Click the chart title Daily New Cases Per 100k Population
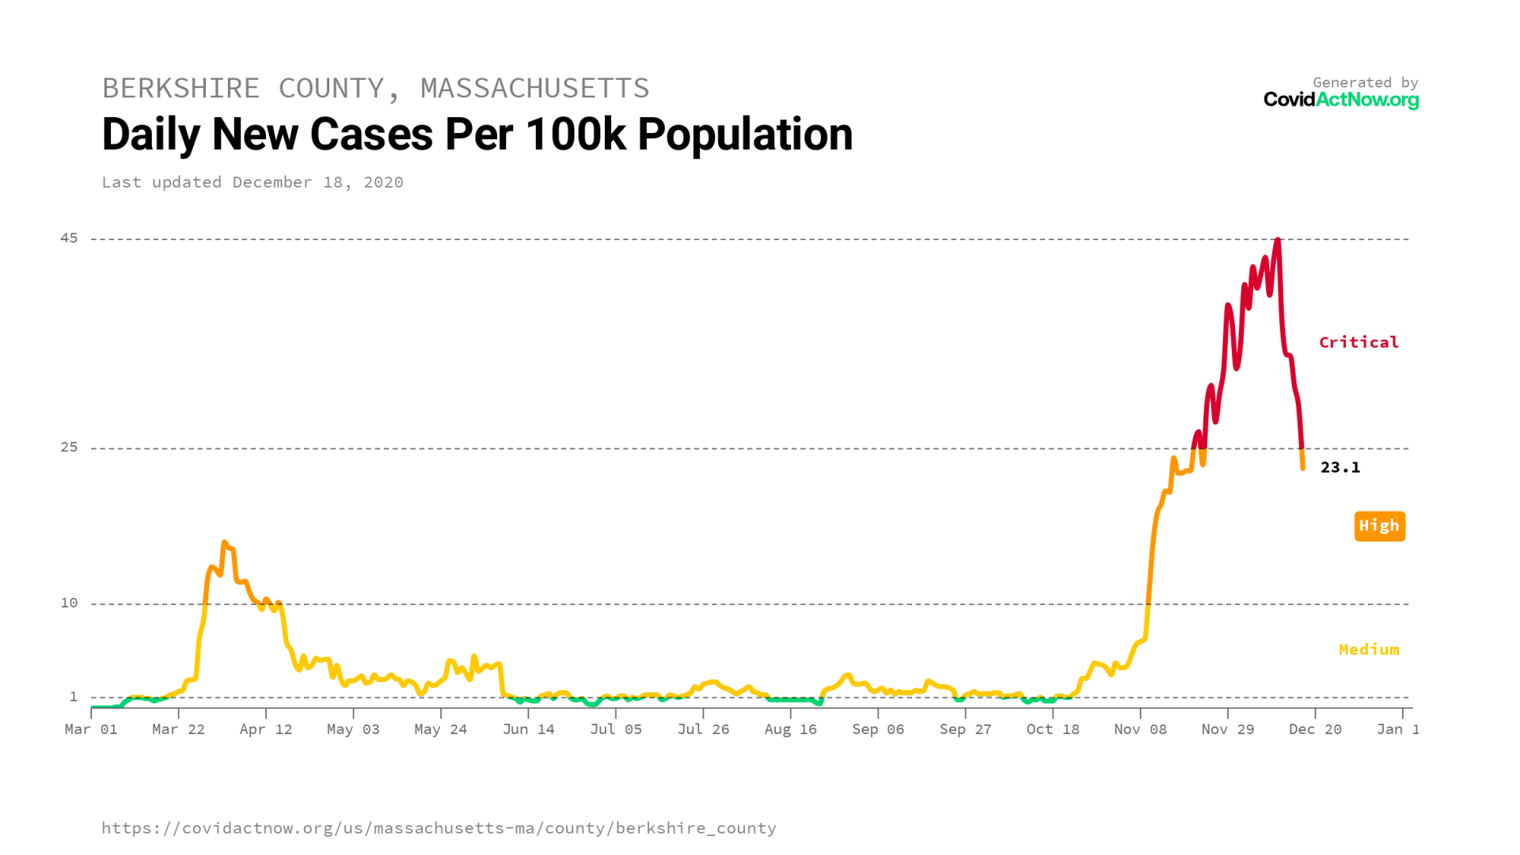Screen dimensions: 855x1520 tap(477, 135)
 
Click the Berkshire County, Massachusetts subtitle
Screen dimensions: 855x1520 tap(375, 88)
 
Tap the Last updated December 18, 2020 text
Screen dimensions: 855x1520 tap(253, 182)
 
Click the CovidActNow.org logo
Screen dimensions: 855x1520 tap(1340, 100)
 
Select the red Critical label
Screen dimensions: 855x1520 tap(1358, 342)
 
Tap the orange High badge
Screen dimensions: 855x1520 tap(1379, 526)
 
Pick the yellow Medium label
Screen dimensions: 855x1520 tap(1369, 649)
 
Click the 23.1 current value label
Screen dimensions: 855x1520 tap(1339, 467)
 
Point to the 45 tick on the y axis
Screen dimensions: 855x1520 tap(70, 238)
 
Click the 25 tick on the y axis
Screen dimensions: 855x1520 tap(70, 447)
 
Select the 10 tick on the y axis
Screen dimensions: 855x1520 tap(70, 603)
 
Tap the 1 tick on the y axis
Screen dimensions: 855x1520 tap(74, 697)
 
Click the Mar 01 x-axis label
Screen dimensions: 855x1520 tap(91, 729)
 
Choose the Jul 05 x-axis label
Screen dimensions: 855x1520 tap(616, 729)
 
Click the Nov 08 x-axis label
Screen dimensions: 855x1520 tap(1140, 729)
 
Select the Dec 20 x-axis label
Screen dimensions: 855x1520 tap(1315, 729)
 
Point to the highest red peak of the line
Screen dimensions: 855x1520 tap(1278, 240)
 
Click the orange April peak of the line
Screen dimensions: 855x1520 tap(225, 543)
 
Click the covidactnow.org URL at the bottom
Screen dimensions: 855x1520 tap(439, 828)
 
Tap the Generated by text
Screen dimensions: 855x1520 tap(1365, 82)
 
